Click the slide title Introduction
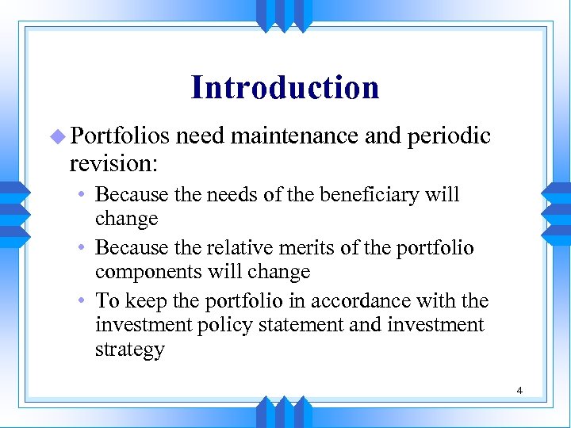(285, 87)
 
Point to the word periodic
(449, 137)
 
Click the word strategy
(129, 350)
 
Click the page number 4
(519, 390)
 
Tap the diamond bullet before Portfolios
(58, 137)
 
